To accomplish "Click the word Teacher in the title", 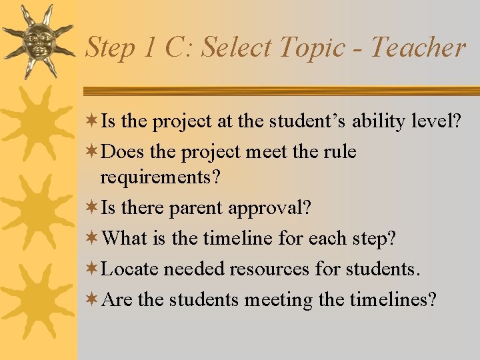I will (x=417, y=48).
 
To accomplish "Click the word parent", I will (x=196, y=207).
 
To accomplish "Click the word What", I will (x=125, y=237).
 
